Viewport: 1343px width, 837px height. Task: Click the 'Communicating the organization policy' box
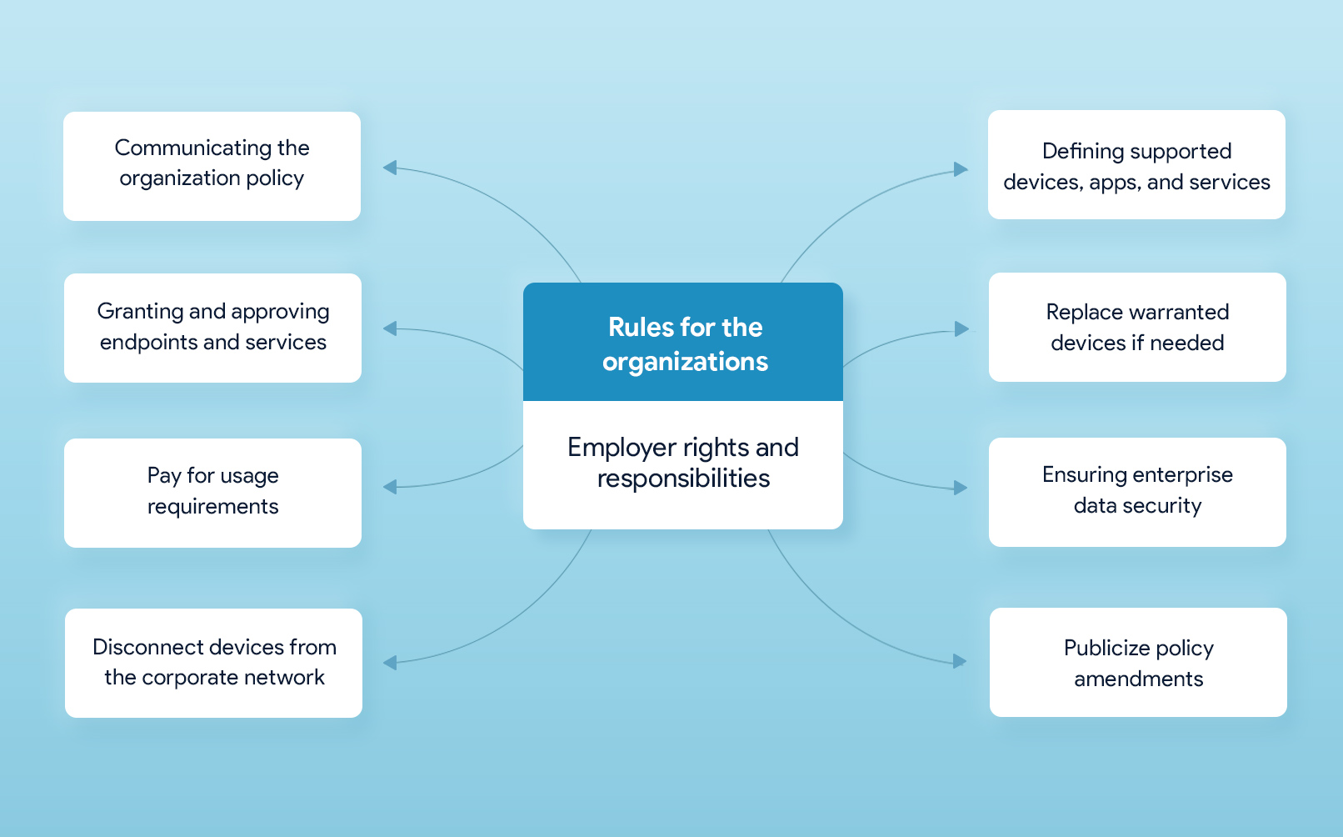pos(212,166)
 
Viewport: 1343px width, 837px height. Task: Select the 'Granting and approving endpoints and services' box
pos(212,328)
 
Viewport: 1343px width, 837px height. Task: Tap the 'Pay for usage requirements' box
pos(212,493)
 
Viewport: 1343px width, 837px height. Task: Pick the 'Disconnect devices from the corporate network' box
pos(213,663)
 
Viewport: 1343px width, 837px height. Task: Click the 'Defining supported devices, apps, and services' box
pos(1136,164)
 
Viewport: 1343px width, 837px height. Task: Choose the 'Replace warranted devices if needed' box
pos(1137,327)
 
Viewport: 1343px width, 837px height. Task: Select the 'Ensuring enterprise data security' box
pos(1137,492)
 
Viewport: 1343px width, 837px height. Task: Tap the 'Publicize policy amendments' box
pos(1138,663)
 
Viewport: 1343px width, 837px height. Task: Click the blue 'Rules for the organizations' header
pos(683,342)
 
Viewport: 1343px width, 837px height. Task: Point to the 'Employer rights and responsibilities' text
pos(683,463)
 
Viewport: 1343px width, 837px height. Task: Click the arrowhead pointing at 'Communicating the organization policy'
pos(390,168)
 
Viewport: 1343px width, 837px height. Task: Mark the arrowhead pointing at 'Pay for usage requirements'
pos(390,487)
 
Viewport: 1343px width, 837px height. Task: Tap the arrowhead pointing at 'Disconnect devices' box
pos(390,663)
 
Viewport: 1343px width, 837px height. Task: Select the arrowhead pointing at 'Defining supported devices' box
pos(961,169)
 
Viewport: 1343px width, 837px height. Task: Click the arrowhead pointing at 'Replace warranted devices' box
pos(961,328)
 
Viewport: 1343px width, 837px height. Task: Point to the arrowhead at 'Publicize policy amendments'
pos(960,661)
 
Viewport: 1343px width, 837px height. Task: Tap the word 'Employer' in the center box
pos(622,449)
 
